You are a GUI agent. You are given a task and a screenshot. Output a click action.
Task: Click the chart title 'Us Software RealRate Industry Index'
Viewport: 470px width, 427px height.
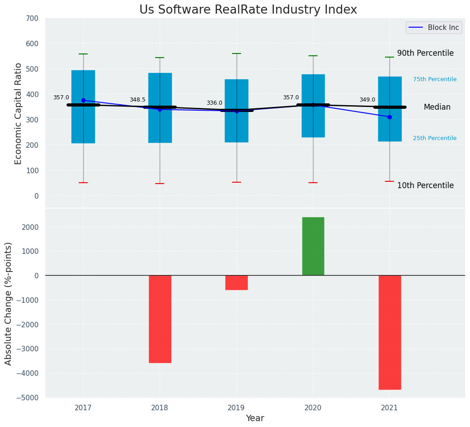248,10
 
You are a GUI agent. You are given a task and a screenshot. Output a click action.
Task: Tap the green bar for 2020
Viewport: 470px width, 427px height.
313,246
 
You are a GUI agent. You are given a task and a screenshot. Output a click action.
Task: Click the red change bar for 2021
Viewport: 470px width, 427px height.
389,332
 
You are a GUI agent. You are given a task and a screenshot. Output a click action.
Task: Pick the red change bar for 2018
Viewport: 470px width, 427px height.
160,319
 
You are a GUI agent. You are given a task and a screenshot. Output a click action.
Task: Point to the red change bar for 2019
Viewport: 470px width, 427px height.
237,282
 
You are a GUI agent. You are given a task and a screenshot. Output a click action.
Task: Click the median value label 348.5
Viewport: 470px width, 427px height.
138,100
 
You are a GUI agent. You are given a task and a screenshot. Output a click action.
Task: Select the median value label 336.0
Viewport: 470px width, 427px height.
214,103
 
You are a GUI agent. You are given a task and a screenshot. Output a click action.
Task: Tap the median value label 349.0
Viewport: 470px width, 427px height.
367,100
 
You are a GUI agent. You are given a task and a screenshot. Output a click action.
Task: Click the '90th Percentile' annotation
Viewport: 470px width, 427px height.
425,53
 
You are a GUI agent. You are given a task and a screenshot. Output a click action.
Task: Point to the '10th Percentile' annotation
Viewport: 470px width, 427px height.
425,185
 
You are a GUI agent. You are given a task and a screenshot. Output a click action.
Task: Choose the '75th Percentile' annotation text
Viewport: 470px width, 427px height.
435,79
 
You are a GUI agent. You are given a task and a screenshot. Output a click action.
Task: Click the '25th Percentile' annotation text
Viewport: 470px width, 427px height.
435,138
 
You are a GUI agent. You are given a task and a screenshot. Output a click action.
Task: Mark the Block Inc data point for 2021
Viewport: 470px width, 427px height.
389,117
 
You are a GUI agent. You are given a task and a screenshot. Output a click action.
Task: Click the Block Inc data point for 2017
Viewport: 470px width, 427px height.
83,100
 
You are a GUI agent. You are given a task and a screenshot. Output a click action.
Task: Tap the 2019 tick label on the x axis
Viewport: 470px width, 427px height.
236,408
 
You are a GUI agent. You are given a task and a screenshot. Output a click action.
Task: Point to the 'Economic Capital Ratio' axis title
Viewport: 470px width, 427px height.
19,113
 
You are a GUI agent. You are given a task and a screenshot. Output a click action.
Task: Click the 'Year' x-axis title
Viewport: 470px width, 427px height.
255,418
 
